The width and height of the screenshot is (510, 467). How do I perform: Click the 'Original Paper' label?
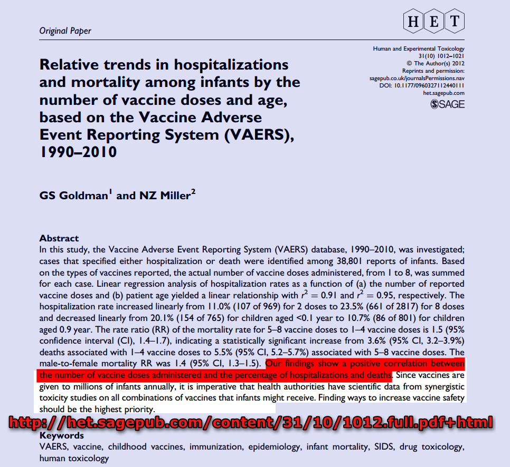[x=65, y=31]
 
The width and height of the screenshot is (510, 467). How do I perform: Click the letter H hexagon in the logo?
[x=413, y=21]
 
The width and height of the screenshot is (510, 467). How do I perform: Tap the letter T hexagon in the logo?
[x=455, y=21]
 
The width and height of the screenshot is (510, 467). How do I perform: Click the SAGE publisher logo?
[x=448, y=104]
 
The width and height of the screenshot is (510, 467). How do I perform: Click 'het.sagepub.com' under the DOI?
[x=443, y=93]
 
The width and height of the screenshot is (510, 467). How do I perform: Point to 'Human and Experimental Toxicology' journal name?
[x=419, y=49]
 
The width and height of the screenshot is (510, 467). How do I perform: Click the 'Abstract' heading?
[x=59, y=238]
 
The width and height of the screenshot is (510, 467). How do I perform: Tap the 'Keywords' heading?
[x=62, y=436]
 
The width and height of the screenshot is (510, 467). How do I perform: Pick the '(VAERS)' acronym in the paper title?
[x=261, y=134]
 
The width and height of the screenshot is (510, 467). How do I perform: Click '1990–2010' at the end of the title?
[x=78, y=152]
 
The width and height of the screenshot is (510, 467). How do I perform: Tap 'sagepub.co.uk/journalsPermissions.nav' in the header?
[x=417, y=78]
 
